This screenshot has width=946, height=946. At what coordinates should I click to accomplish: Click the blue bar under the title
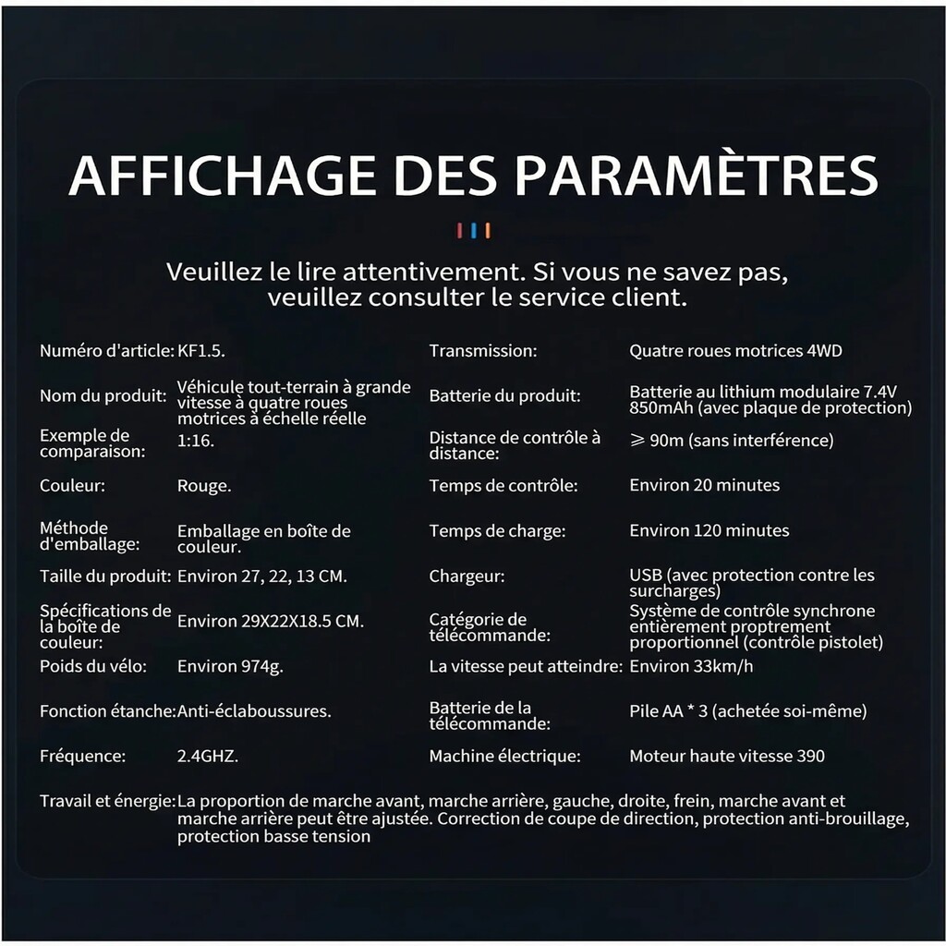[x=473, y=230]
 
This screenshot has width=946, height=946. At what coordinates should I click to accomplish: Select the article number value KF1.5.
[x=200, y=351]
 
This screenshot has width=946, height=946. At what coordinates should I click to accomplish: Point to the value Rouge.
[x=204, y=485]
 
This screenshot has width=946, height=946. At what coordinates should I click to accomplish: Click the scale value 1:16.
[x=196, y=441]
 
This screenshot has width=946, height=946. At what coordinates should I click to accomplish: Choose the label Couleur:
[x=71, y=485]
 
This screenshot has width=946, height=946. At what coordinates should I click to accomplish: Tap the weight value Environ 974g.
[x=230, y=666]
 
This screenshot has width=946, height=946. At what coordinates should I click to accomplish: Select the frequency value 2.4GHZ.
[x=208, y=756]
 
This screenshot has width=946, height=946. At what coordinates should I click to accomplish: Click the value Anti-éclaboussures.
[x=254, y=711]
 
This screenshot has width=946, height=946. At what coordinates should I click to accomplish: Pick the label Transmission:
[x=482, y=351]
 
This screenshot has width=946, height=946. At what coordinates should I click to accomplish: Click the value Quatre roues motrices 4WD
[x=735, y=351]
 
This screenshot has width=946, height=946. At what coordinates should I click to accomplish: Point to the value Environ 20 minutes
[x=704, y=485]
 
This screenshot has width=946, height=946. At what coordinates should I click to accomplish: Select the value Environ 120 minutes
[x=709, y=530]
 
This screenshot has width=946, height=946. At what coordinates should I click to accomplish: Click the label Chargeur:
[x=467, y=576]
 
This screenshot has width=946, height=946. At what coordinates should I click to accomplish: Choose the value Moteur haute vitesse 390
[x=727, y=756]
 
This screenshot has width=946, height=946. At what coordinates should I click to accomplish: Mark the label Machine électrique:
[x=504, y=756]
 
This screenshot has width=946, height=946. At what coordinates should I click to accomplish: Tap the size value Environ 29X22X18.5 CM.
[x=271, y=621]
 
